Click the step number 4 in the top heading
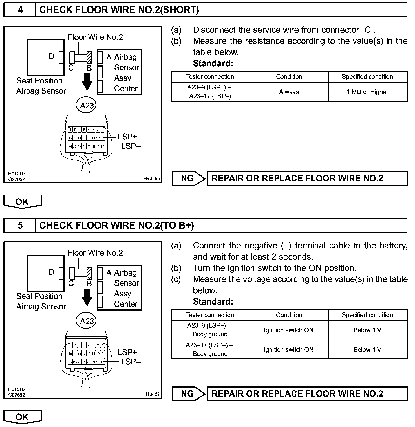coord(20,10)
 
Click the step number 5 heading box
coord(20,225)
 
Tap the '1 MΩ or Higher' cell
coord(367,92)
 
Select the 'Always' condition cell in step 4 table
coord(289,92)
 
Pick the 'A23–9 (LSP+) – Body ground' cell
coord(210,330)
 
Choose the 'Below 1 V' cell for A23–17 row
coord(367,349)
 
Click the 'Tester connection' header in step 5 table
coord(210,315)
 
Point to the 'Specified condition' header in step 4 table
coord(367,77)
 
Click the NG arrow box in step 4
coord(188,178)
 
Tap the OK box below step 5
coord(22,417)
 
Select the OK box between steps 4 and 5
coord(22,202)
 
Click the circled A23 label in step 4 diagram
coord(87,105)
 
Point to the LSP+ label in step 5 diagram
coord(127,352)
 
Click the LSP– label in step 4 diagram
coord(131,146)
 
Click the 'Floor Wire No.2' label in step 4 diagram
coord(95,37)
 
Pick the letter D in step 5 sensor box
coord(52,272)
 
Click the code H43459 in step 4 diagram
coord(151,178)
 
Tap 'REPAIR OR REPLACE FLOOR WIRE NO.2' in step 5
coord(297,394)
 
